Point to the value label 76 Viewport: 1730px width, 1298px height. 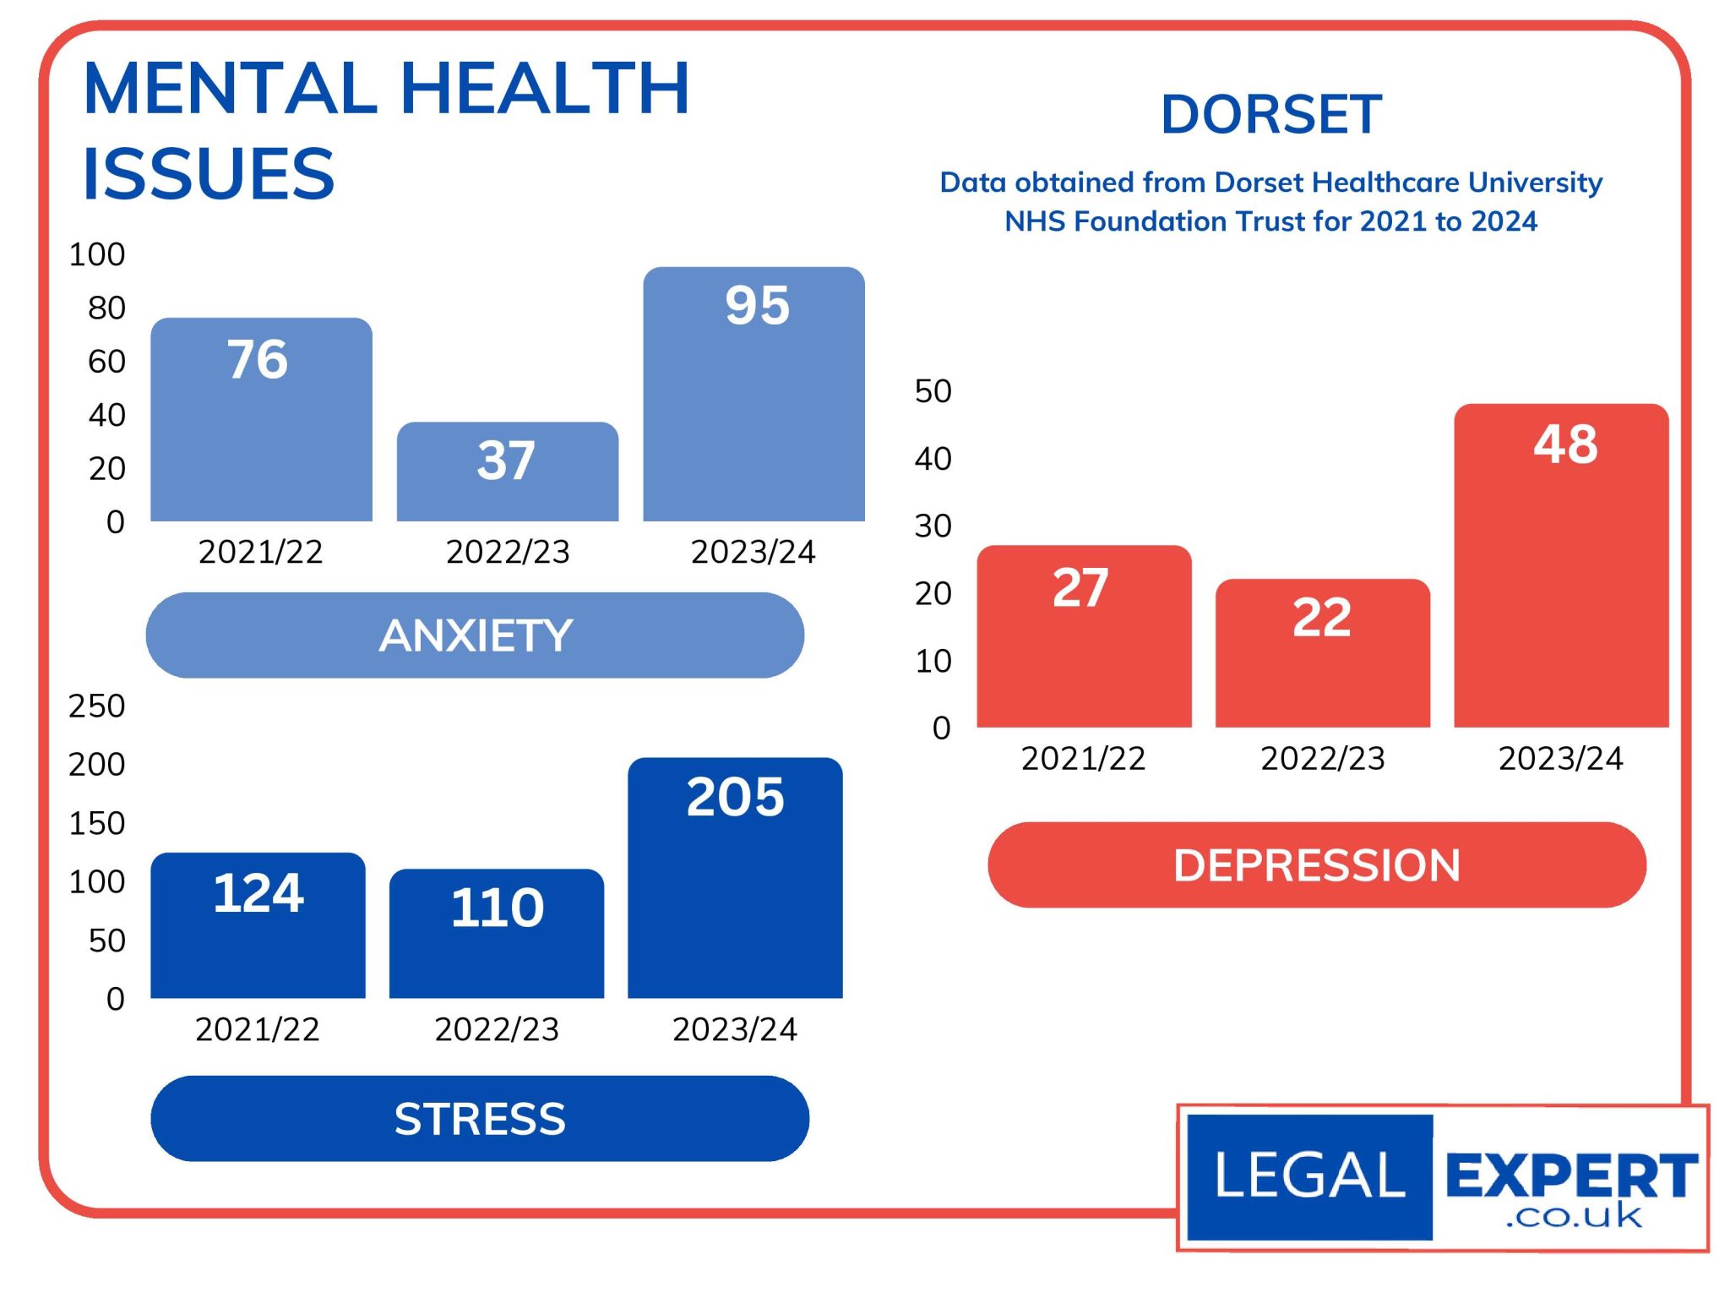(258, 359)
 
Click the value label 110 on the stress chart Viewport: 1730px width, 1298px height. (498, 908)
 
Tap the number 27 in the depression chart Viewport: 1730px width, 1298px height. (1080, 588)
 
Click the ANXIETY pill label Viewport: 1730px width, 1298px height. (475, 635)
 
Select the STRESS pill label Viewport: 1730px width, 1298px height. (480, 1119)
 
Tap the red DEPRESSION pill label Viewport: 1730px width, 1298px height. (1316, 865)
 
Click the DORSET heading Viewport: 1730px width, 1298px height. (1271, 114)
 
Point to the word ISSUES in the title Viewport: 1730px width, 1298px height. (209, 174)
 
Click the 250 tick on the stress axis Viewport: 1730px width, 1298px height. (96, 706)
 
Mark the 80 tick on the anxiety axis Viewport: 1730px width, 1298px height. (106, 308)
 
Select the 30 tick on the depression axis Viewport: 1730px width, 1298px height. (933, 526)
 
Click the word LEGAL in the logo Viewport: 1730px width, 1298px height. (1309, 1175)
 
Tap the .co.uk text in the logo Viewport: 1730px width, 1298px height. (1573, 1216)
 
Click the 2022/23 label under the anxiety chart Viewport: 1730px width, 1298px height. (508, 552)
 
